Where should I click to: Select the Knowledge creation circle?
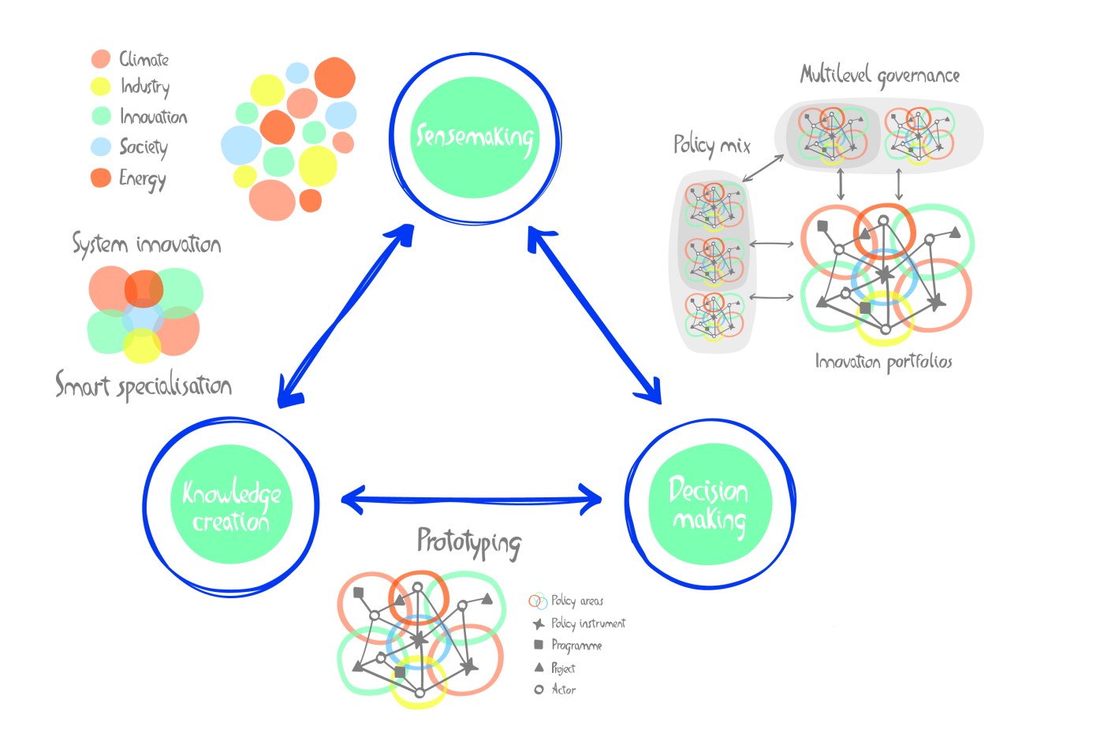click(x=231, y=504)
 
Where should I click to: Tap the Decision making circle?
click(x=709, y=504)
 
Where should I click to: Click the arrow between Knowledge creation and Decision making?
click(x=472, y=499)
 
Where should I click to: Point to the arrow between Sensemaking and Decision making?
click(x=595, y=315)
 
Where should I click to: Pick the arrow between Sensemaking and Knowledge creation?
click(x=345, y=315)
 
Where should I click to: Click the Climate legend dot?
click(x=101, y=59)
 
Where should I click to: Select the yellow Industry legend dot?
click(x=101, y=87)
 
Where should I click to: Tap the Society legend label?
click(x=144, y=147)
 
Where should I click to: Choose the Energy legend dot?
click(x=101, y=177)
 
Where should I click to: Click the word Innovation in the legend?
click(x=153, y=117)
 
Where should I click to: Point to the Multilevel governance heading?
click(x=880, y=76)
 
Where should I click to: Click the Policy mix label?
click(x=711, y=145)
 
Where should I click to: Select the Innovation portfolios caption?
click(x=883, y=362)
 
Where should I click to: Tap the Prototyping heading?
click(x=468, y=542)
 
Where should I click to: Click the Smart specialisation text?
click(x=144, y=385)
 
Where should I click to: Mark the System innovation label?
click(x=147, y=244)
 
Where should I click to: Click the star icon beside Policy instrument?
click(x=539, y=624)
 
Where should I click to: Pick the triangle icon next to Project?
click(x=539, y=668)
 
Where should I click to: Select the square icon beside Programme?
click(x=539, y=645)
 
